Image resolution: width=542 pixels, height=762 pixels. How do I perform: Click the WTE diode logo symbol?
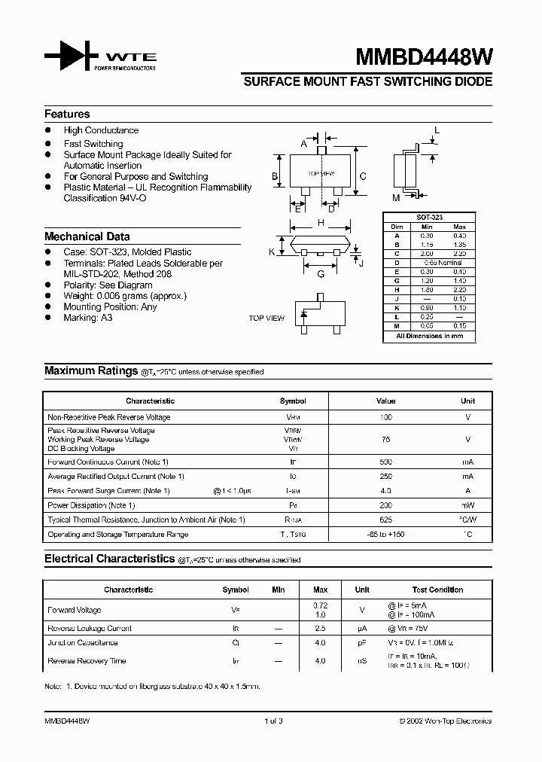tap(72, 57)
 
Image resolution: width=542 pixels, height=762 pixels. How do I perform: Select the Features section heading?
tap(67, 114)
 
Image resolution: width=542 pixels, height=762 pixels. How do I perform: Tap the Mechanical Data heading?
tap(87, 236)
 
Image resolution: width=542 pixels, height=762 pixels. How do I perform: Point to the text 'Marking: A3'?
tap(87, 318)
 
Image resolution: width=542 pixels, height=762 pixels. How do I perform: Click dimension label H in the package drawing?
tap(321, 223)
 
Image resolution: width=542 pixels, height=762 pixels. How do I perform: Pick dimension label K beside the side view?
tap(272, 252)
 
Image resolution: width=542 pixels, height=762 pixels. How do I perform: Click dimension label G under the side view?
tap(320, 274)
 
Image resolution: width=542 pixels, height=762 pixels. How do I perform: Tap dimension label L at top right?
tap(437, 130)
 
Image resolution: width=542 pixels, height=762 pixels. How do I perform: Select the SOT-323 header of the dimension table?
tap(430, 217)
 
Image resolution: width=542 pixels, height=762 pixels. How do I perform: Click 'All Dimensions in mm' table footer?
tap(430, 336)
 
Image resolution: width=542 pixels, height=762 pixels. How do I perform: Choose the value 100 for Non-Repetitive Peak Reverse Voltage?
tap(385, 417)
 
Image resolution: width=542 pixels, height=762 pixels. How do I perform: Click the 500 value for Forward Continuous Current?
tap(385, 462)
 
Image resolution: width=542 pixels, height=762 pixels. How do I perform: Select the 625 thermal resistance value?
tap(385, 520)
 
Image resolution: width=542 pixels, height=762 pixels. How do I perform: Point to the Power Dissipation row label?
tap(91, 505)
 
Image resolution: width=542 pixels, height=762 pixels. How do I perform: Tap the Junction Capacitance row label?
tap(83, 643)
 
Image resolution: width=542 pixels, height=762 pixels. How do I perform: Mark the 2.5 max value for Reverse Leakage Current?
tap(319, 628)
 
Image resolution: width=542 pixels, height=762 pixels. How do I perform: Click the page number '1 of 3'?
tap(273, 721)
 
